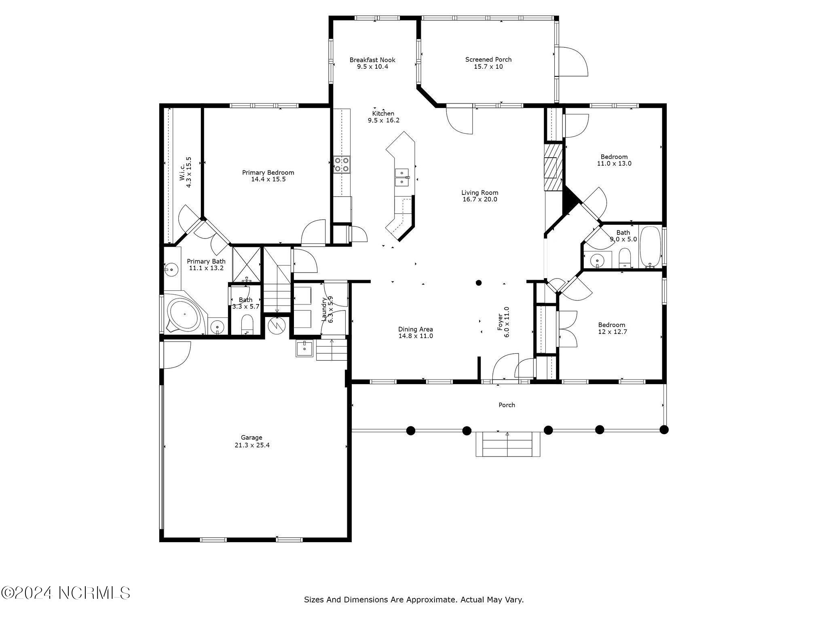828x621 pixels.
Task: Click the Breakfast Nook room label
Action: (x=372, y=60)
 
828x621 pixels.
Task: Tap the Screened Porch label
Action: (x=488, y=60)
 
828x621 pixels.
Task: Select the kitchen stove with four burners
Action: (x=342, y=165)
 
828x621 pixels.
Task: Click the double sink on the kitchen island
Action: (x=402, y=177)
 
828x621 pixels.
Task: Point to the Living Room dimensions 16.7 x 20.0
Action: (x=480, y=199)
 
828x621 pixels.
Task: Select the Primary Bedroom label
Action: (x=268, y=173)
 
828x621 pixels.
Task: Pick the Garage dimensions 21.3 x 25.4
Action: (x=251, y=445)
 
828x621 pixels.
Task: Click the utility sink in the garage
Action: (x=304, y=348)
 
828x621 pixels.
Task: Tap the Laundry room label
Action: (x=324, y=309)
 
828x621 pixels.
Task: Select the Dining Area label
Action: (x=416, y=329)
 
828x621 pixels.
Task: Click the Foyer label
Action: (x=500, y=322)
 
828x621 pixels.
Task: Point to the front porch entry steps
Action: (x=508, y=444)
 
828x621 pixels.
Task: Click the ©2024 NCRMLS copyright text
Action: (x=65, y=593)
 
